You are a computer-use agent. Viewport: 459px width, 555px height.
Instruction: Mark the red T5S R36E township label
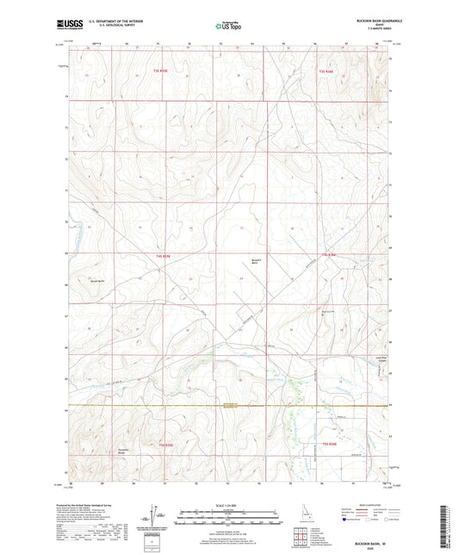[x=328, y=444]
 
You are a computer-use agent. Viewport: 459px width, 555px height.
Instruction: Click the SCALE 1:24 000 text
[x=229, y=505]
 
